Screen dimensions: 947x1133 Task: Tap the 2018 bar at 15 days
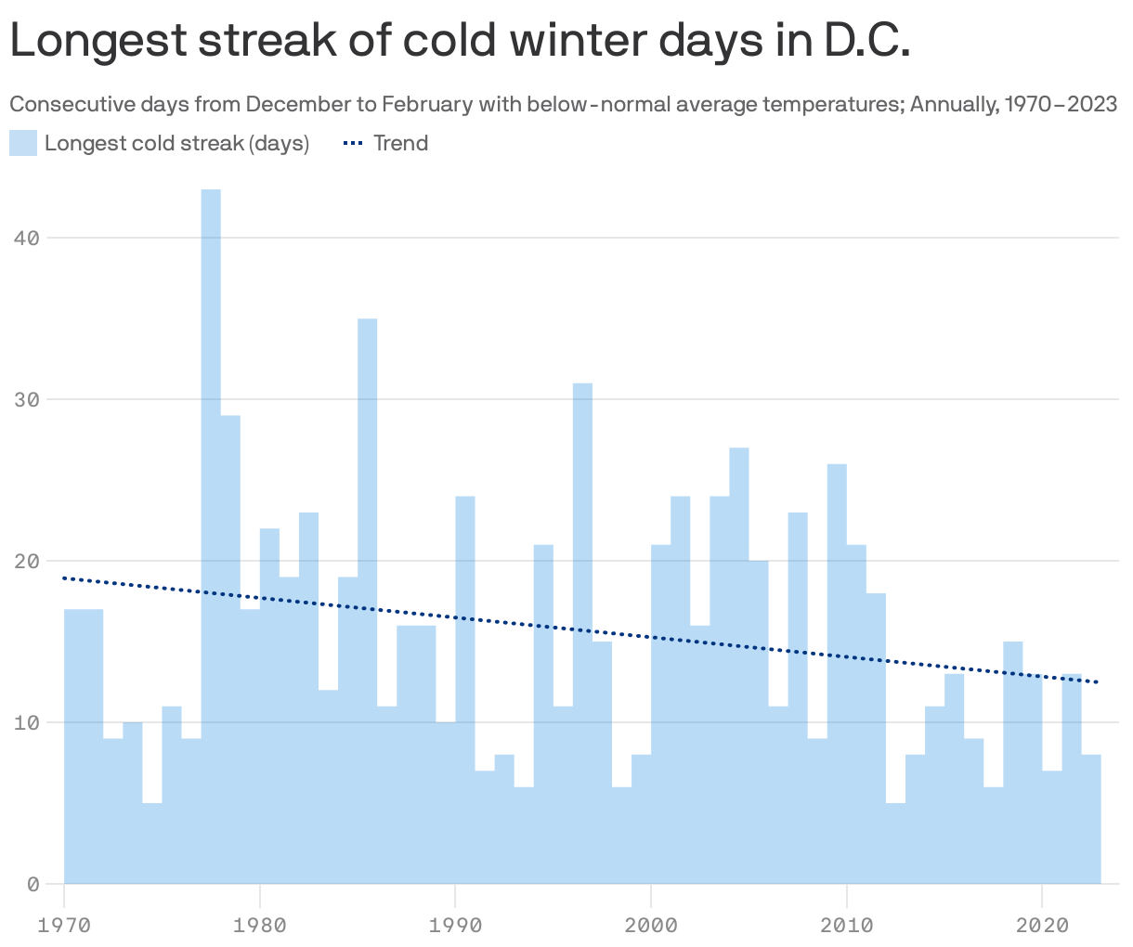click(1012, 762)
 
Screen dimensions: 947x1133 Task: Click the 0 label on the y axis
click(33, 884)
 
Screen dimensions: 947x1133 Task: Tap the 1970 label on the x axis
click(64, 925)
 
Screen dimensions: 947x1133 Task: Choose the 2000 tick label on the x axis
click(651, 925)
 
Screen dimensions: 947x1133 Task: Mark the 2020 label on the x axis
click(1042, 925)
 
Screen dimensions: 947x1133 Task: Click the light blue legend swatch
click(23, 143)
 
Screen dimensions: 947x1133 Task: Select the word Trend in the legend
click(400, 143)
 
